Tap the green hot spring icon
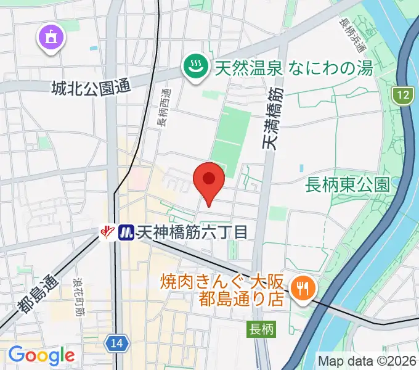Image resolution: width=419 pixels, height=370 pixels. pyautogui.click(x=196, y=67)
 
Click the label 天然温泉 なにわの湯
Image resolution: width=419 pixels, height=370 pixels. pyautogui.click(x=293, y=67)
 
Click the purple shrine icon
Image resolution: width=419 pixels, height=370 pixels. pyautogui.click(x=50, y=37)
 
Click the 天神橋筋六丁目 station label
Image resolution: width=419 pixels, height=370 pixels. pyautogui.click(x=192, y=232)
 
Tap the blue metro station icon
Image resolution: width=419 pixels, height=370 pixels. pyautogui.click(x=126, y=232)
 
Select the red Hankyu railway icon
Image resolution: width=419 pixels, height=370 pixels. pyautogui.click(x=109, y=232)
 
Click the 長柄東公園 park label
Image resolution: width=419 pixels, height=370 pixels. pyautogui.click(x=348, y=183)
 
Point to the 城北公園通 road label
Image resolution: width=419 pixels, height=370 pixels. pyautogui.click(x=92, y=88)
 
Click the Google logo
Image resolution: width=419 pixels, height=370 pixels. pyautogui.click(x=41, y=355)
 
